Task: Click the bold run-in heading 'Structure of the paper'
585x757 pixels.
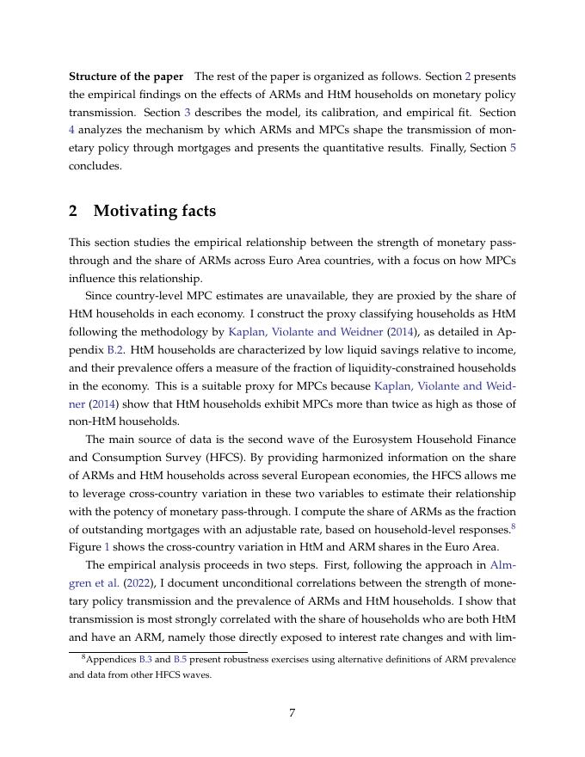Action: [x=126, y=77]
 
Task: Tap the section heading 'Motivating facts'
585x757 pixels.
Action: [x=155, y=211]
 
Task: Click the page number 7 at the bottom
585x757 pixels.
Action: [x=292, y=712]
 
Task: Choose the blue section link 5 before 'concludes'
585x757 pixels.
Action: [x=513, y=149]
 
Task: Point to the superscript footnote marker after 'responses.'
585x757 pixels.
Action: [x=513, y=526]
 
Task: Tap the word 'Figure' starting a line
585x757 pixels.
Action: [x=84, y=547]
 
